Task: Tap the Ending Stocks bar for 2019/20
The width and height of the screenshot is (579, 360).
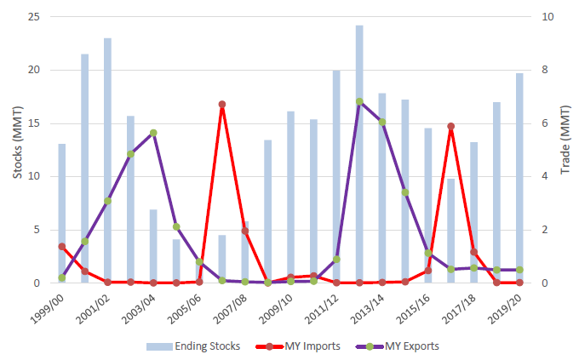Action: (x=519, y=179)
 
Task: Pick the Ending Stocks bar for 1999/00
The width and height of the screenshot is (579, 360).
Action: (x=61, y=213)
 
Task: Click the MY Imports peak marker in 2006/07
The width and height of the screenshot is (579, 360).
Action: (x=221, y=104)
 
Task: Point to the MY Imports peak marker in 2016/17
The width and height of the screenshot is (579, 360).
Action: (x=450, y=126)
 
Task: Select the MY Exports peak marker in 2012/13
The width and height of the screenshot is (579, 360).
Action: (x=359, y=101)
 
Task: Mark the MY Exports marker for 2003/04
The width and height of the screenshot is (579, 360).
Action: (x=153, y=133)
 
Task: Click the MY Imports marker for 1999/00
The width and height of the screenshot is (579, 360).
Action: (x=61, y=246)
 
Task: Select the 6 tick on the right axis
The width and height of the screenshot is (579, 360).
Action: (x=544, y=123)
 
